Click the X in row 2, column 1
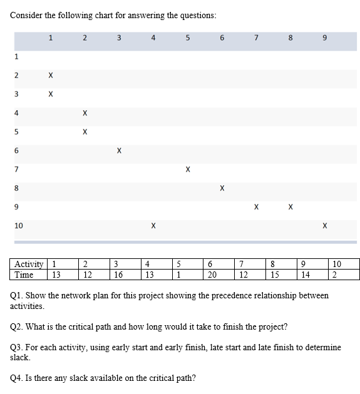(51, 76)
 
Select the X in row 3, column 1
(51, 94)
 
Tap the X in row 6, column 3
(119, 151)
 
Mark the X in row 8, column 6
(222, 188)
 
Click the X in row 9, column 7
(256, 206)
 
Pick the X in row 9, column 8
(291, 206)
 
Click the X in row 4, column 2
(85, 113)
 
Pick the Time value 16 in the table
(118, 275)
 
